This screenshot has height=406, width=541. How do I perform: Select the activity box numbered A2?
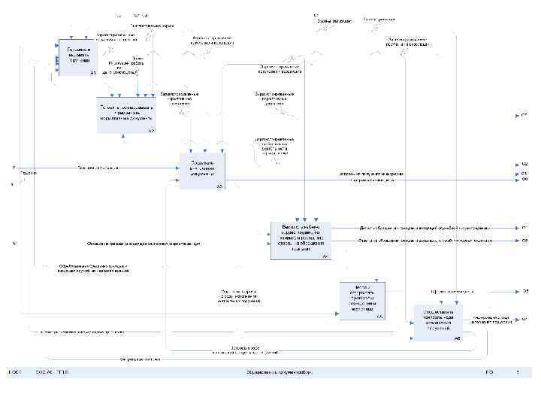[125, 115]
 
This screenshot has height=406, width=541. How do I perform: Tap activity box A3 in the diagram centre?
[203, 171]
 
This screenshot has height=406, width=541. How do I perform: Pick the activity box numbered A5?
[361, 301]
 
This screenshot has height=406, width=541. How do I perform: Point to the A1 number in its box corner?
[92, 73]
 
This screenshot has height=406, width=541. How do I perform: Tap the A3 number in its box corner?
[220, 186]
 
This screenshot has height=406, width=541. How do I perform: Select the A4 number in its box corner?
[325, 257]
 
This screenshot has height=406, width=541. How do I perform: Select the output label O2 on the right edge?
[525, 164]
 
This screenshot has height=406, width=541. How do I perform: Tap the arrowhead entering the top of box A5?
[373, 281]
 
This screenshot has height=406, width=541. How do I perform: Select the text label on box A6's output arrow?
[492, 318]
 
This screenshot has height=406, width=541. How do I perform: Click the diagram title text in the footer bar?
[280, 372]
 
